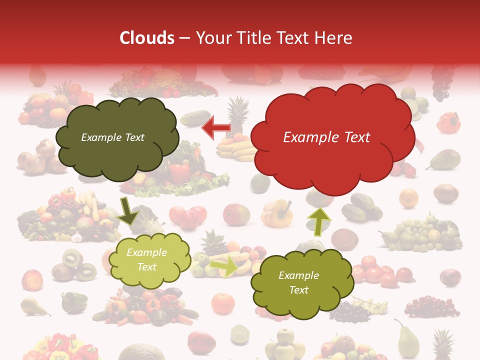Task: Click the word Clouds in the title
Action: point(147,38)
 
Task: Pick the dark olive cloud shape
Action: point(117,137)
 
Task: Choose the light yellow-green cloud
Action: point(149,260)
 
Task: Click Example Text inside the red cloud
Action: point(326,137)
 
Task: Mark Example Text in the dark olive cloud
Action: point(112,137)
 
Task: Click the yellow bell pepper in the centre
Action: point(276,212)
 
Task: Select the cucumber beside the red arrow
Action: point(195,118)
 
